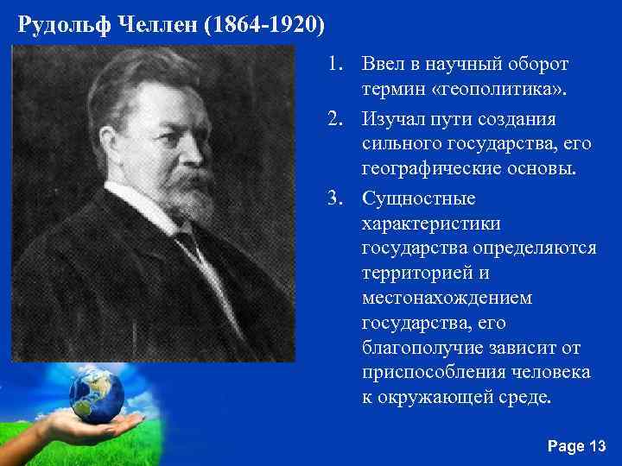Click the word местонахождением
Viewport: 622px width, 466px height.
447,299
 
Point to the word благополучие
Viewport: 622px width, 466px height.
416,349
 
